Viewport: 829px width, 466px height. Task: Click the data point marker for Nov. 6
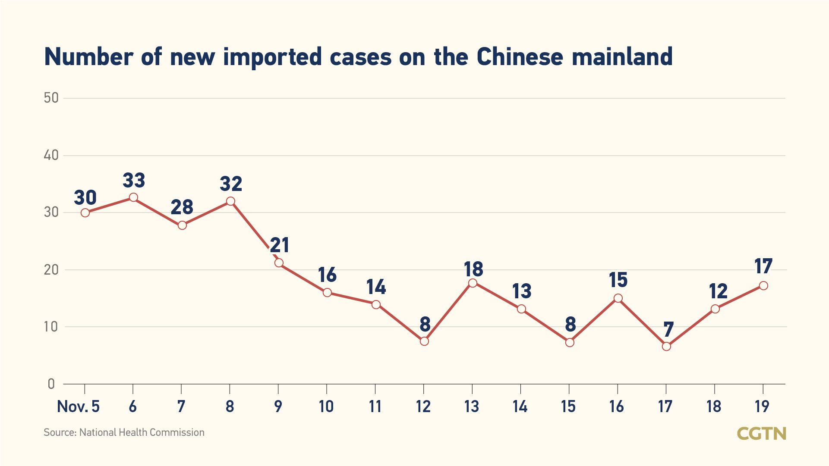click(133, 197)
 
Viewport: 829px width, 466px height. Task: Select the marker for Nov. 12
click(424, 341)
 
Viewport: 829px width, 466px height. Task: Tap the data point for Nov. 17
click(666, 346)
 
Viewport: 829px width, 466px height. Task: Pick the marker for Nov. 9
click(279, 263)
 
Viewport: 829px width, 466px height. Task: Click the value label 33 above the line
click(134, 180)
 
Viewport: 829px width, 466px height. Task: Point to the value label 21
click(280, 245)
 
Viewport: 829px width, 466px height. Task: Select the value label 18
click(473, 269)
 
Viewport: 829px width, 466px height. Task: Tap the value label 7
click(668, 330)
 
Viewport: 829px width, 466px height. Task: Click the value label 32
click(231, 184)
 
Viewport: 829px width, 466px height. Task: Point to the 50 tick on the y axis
click(51, 98)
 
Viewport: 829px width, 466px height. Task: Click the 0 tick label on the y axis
click(51, 384)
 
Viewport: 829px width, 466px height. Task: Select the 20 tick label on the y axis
click(51, 270)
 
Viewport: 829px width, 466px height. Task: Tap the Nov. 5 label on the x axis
click(78, 407)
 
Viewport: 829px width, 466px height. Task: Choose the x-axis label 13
click(472, 407)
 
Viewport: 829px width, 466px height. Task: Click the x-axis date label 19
click(762, 407)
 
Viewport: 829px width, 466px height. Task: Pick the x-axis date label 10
click(326, 407)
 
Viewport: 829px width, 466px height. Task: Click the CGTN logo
click(761, 433)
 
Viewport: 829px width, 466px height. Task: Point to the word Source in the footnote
click(60, 432)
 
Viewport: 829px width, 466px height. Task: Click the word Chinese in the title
click(520, 57)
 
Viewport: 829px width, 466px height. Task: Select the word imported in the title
click(272, 57)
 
